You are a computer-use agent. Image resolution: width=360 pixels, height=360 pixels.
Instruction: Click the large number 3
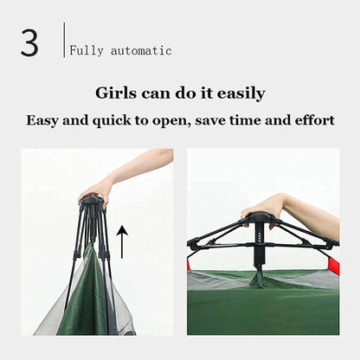pyautogui.click(x=29, y=43)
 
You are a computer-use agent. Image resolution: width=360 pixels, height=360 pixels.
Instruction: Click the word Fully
pyautogui.click(x=87, y=51)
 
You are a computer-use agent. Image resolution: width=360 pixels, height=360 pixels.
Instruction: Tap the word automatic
pyautogui.click(x=141, y=51)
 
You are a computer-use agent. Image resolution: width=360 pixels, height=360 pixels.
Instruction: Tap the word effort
pyautogui.click(x=315, y=120)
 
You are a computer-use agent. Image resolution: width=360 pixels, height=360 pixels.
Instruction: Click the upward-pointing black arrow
pyautogui.click(x=122, y=241)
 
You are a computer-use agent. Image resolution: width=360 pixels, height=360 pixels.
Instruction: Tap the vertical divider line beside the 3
pyautogui.click(x=64, y=40)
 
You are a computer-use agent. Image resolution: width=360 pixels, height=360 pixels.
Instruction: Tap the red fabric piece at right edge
pyautogui.click(x=334, y=266)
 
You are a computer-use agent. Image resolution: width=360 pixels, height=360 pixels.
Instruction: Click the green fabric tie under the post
pyautogui.click(x=257, y=278)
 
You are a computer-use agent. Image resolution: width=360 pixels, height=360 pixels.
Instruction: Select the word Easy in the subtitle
pyautogui.click(x=42, y=120)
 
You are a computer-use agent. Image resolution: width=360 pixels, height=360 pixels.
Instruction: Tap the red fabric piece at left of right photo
pyautogui.click(x=189, y=265)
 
